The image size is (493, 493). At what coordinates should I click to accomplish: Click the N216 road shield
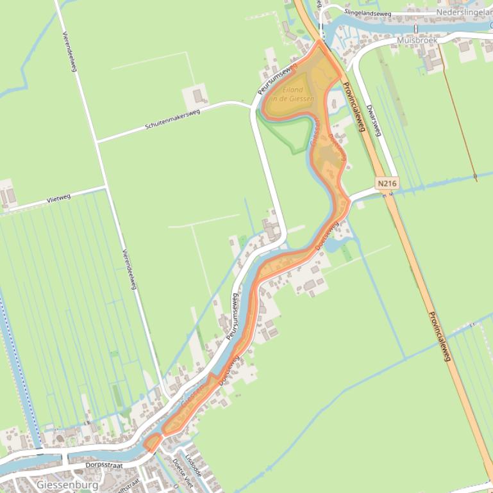click(x=387, y=184)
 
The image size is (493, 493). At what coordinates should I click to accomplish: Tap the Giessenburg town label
click(x=68, y=485)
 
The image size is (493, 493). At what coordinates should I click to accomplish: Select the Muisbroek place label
click(x=417, y=40)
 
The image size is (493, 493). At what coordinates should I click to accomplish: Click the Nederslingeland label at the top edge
click(x=463, y=12)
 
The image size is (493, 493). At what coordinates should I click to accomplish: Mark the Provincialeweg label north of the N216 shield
click(x=353, y=106)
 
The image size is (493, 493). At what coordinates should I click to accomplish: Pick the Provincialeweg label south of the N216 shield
click(x=440, y=335)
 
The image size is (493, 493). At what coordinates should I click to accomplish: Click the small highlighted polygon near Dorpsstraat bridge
click(x=153, y=442)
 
